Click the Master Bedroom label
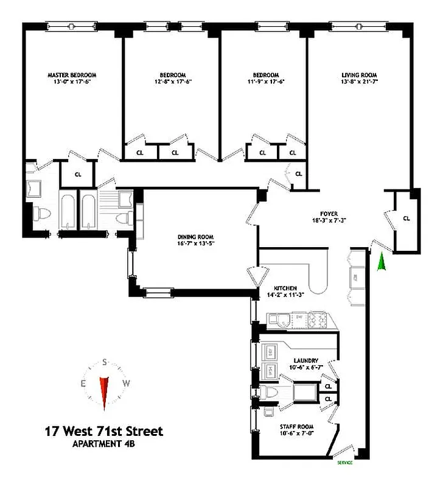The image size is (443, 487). [x=72, y=75]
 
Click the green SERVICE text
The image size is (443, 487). [x=344, y=463]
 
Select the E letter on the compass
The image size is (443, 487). [x=83, y=384]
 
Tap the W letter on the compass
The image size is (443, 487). [x=127, y=384]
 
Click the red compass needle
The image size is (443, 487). [x=104, y=392]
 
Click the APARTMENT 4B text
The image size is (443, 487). [x=103, y=445]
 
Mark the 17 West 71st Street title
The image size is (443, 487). [x=103, y=432]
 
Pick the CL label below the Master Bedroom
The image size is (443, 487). [x=78, y=174]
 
